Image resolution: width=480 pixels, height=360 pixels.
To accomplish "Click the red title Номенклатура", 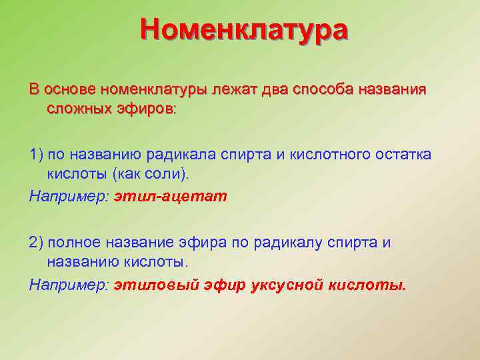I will (243, 31).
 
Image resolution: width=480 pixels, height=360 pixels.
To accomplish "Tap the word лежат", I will (234, 89).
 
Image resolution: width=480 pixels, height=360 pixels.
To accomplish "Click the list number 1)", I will (37, 155).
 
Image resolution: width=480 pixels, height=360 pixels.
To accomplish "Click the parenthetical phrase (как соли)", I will (151, 174).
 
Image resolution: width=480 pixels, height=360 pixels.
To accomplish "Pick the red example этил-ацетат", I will (171, 196).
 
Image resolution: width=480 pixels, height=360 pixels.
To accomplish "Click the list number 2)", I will (37, 243).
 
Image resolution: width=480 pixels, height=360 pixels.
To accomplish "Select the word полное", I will (75, 243).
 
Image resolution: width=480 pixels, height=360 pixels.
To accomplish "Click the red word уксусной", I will (285, 285).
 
